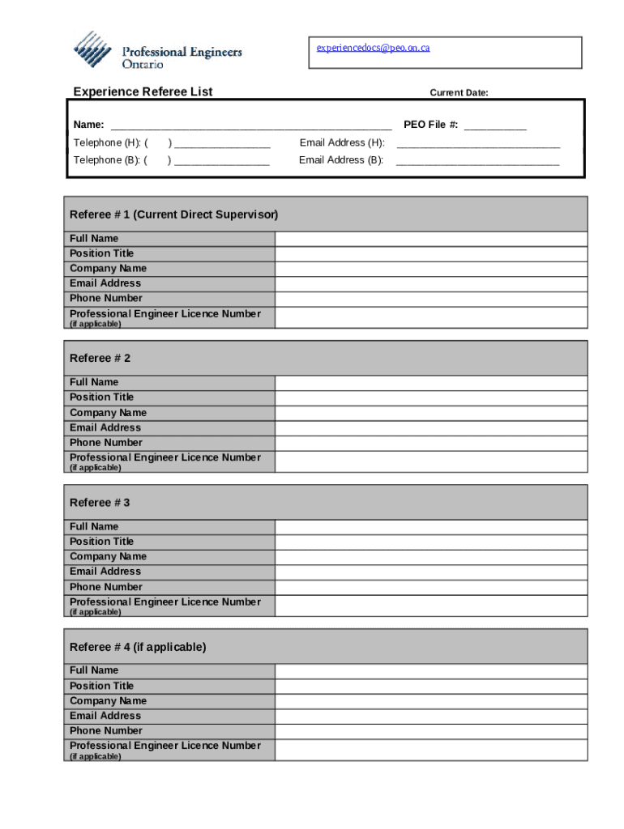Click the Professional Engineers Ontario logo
point(157,50)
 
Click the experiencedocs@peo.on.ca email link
point(373,48)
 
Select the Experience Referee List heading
point(143,92)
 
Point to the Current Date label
point(459,93)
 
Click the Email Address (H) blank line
point(478,144)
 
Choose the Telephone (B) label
point(110,160)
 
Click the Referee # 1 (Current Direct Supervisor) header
point(173,215)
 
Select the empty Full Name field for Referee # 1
point(431,239)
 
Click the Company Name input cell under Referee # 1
point(431,269)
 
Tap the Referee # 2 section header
point(100,358)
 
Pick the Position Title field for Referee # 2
point(431,397)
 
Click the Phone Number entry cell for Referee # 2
point(431,443)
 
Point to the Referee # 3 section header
point(100,503)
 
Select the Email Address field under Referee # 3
point(431,572)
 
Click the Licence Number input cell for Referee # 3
point(431,605)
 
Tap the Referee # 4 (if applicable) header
point(138,647)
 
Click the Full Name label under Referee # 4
point(94,670)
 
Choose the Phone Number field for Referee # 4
point(431,731)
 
